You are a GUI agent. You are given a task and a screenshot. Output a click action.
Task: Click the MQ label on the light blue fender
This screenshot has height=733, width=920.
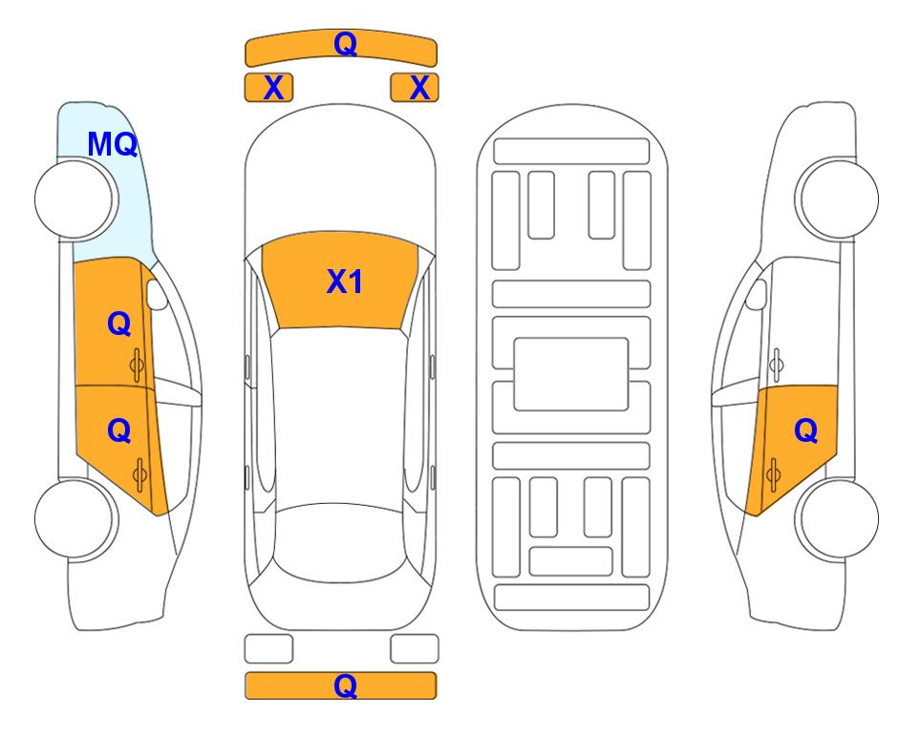(x=112, y=144)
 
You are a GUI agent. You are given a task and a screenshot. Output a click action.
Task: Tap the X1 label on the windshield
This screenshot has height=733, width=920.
(x=345, y=282)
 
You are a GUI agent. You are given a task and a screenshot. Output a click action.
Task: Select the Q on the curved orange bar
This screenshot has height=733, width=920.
(x=345, y=44)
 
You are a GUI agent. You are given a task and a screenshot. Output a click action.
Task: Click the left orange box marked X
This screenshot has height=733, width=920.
(x=268, y=88)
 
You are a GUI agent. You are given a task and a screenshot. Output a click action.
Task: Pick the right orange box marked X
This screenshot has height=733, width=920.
(x=415, y=88)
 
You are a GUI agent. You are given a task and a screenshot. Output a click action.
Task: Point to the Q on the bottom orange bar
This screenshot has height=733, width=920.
(x=345, y=685)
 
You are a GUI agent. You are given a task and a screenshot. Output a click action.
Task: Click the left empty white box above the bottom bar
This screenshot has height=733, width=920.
(x=268, y=649)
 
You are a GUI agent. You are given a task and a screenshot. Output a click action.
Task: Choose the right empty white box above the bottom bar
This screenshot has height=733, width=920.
(x=415, y=649)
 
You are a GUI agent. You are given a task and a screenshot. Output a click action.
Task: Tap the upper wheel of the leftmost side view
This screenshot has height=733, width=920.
(x=75, y=199)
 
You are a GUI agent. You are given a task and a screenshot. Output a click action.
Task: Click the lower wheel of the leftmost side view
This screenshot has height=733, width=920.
(x=75, y=518)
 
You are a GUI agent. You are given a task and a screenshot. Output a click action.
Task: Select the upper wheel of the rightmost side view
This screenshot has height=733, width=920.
(x=839, y=199)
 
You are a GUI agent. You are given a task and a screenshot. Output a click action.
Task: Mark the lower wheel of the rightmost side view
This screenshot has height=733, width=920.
(x=839, y=518)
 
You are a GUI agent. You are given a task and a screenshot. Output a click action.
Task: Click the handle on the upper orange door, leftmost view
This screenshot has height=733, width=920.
(x=138, y=365)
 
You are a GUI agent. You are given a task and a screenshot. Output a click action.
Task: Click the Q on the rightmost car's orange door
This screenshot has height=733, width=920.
(x=805, y=431)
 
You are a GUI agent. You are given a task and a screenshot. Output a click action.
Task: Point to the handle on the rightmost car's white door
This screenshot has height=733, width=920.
(x=777, y=365)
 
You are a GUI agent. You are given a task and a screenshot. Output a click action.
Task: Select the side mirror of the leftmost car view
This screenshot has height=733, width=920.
(x=157, y=294)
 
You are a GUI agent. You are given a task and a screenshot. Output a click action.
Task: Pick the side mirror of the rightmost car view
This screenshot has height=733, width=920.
(x=756, y=294)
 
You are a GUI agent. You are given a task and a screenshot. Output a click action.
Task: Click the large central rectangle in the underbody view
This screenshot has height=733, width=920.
(x=571, y=374)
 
